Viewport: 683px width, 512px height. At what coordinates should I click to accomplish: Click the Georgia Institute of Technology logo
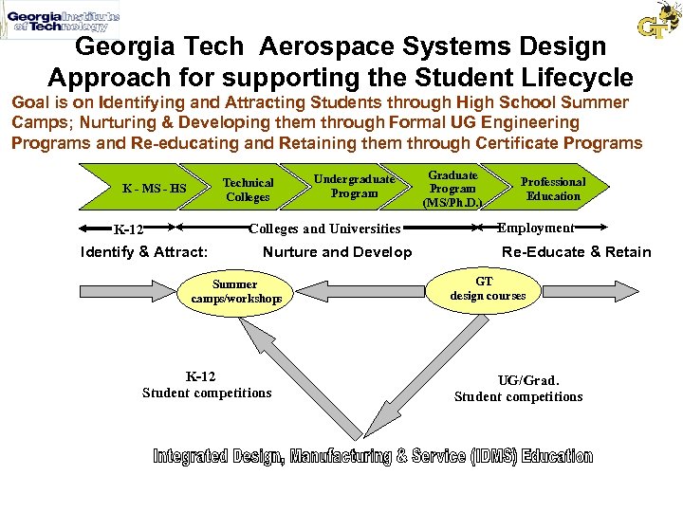[x=62, y=21]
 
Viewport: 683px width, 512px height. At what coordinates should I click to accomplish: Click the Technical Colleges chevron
[x=248, y=190]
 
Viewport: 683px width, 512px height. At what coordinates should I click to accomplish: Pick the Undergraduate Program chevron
[x=354, y=186]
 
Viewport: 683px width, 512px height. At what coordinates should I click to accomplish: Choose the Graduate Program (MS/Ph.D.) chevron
[x=452, y=189]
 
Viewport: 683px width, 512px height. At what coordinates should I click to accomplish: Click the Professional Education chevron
[x=553, y=189]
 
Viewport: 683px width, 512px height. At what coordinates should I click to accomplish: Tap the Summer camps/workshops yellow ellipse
[x=236, y=291]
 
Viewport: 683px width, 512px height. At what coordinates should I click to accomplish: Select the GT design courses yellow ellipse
[x=487, y=288]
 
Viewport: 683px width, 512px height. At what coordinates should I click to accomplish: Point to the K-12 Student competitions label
[x=207, y=385]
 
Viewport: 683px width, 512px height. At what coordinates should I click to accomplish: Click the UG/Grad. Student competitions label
[x=519, y=389]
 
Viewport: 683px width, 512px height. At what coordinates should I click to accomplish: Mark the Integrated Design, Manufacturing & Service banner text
[x=373, y=456]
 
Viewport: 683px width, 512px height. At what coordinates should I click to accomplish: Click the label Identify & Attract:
[x=145, y=251]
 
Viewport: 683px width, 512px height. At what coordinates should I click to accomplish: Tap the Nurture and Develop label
[x=337, y=251]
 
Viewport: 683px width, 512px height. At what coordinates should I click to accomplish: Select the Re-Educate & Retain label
[x=576, y=251]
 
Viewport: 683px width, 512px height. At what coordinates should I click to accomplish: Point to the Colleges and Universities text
[x=324, y=229]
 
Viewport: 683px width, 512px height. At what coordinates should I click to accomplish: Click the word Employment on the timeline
[x=536, y=228]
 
